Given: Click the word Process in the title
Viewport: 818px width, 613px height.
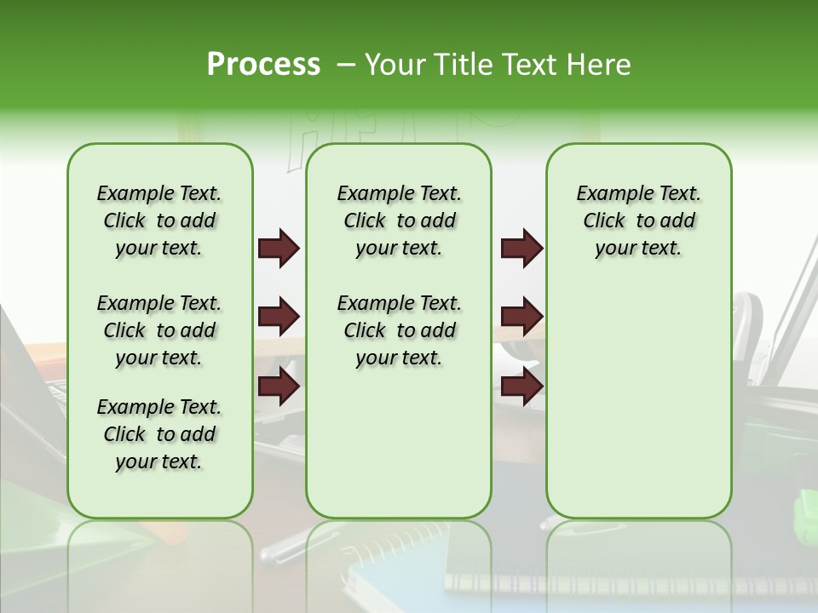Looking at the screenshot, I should point(263,65).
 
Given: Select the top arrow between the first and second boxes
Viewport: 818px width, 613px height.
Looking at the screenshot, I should point(279,249).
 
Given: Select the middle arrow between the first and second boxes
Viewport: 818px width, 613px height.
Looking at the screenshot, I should point(279,318).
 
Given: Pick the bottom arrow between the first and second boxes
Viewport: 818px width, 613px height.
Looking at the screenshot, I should point(279,387).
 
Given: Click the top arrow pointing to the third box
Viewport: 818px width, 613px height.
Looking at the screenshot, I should point(521,249).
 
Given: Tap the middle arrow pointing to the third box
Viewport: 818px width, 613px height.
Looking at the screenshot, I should point(521,318).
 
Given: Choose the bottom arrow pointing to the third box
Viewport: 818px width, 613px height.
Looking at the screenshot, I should point(521,387).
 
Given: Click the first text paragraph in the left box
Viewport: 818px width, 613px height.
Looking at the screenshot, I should point(159,221).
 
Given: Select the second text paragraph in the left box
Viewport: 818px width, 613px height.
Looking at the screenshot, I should point(159,330).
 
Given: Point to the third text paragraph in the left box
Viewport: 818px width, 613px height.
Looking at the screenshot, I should point(159,434).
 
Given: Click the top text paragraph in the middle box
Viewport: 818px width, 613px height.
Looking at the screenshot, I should point(399,221).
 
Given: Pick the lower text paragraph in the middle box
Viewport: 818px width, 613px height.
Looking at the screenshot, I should point(399,330).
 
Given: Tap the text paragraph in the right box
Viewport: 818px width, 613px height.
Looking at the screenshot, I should point(638,221).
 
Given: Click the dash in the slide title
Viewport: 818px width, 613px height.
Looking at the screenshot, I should point(346,65).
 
